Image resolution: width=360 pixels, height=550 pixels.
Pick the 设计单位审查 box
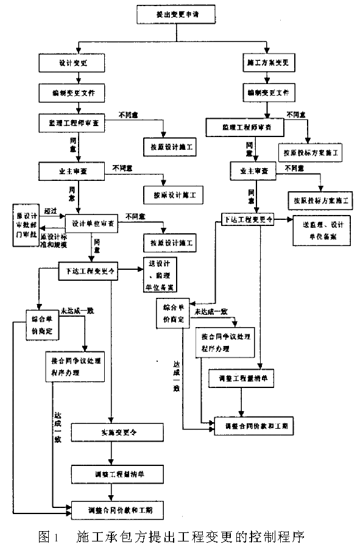pos(96,224)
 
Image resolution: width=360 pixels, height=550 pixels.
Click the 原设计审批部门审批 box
pos(27,225)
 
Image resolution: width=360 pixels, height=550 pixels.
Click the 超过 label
pos(50,210)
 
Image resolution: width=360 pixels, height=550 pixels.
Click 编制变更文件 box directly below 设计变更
pos(74,93)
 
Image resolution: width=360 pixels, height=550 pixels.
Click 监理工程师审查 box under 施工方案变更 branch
pos(246,128)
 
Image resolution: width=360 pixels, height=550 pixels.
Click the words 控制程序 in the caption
pos(278,537)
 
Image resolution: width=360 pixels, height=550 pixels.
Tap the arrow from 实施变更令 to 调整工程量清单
pos(111,453)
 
